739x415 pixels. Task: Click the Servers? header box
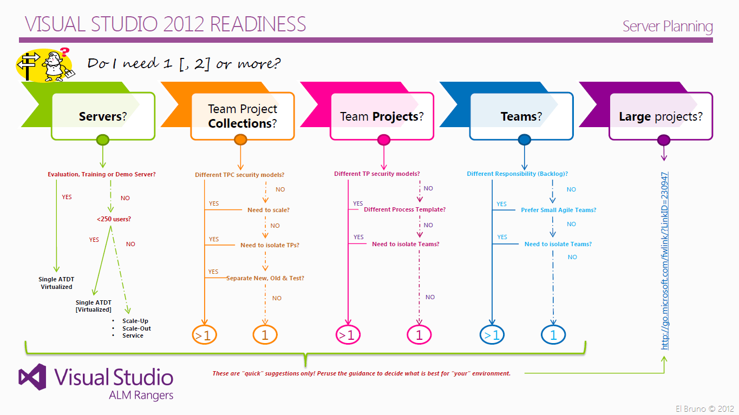(x=103, y=116)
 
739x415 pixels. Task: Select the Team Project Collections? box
(x=243, y=116)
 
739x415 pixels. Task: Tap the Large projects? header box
(x=660, y=116)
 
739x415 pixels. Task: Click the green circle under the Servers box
(x=103, y=140)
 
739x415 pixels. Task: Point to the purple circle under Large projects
(x=664, y=140)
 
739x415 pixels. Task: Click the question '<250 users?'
(x=114, y=219)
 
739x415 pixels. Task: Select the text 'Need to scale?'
(x=269, y=210)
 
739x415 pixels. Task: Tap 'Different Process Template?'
(x=404, y=209)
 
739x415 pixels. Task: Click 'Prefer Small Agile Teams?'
(x=559, y=210)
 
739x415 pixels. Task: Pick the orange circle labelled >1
(x=205, y=335)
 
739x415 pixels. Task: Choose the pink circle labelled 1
(x=419, y=335)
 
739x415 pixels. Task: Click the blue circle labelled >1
(x=492, y=335)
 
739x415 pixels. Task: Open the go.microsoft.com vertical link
(x=665, y=260)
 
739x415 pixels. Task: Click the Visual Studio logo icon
(x=34, y=377)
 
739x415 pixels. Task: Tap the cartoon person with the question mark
(x=54, y=63)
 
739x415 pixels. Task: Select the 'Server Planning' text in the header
(x=668, y=26)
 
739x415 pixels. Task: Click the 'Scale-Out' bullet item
(x=136, y=328)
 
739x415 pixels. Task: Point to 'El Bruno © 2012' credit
(x=704, y=409)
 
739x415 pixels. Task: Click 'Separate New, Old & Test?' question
(x=265, y=278)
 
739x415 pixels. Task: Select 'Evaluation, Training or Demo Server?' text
(x=102, y=174)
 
